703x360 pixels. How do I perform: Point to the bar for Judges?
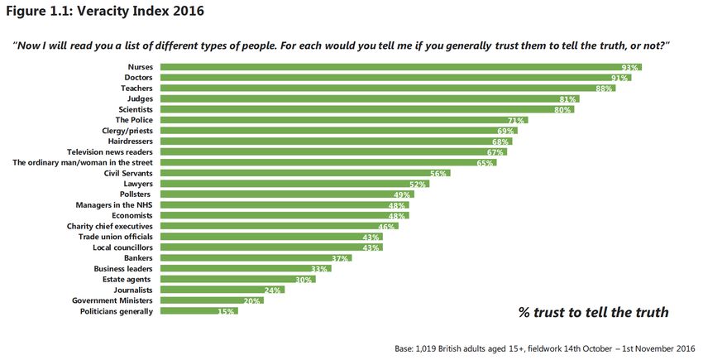(x=369, y=98)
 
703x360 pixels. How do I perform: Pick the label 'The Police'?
(x=135, y=120)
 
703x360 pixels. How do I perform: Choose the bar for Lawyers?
(x=294, y=184)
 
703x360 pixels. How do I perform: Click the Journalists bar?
(x=222, y=290)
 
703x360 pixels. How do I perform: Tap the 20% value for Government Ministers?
(x=252, y=300)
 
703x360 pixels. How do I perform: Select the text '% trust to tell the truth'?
(x=593, y=312)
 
